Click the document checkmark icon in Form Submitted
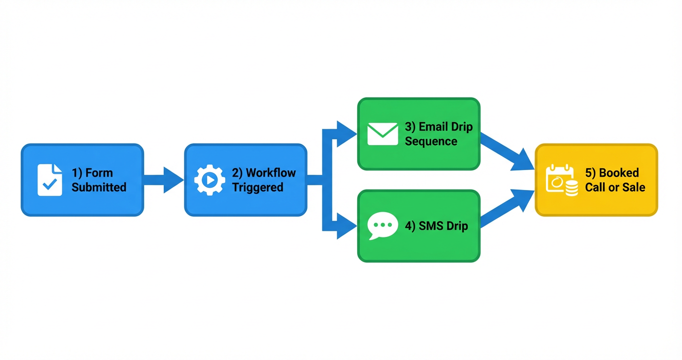[x=49, y=180]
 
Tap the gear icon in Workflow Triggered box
[x=209, y=180]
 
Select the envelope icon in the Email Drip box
[x=382, y=134]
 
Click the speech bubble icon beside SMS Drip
[x=383, y=225]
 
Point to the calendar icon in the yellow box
[x=558, y=180]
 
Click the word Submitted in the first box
[x=99, y=187]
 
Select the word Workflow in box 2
[x=271, y=173]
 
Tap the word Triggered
[x=258, y=187]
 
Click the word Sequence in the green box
[x=431, y=141]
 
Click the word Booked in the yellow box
[x=619, y=173]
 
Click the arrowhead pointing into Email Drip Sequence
[x=346, y=134]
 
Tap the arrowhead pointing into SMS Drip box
[x=346, y=225]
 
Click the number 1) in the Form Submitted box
[x=77, y=173]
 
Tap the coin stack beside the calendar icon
[x=571, y=189]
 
